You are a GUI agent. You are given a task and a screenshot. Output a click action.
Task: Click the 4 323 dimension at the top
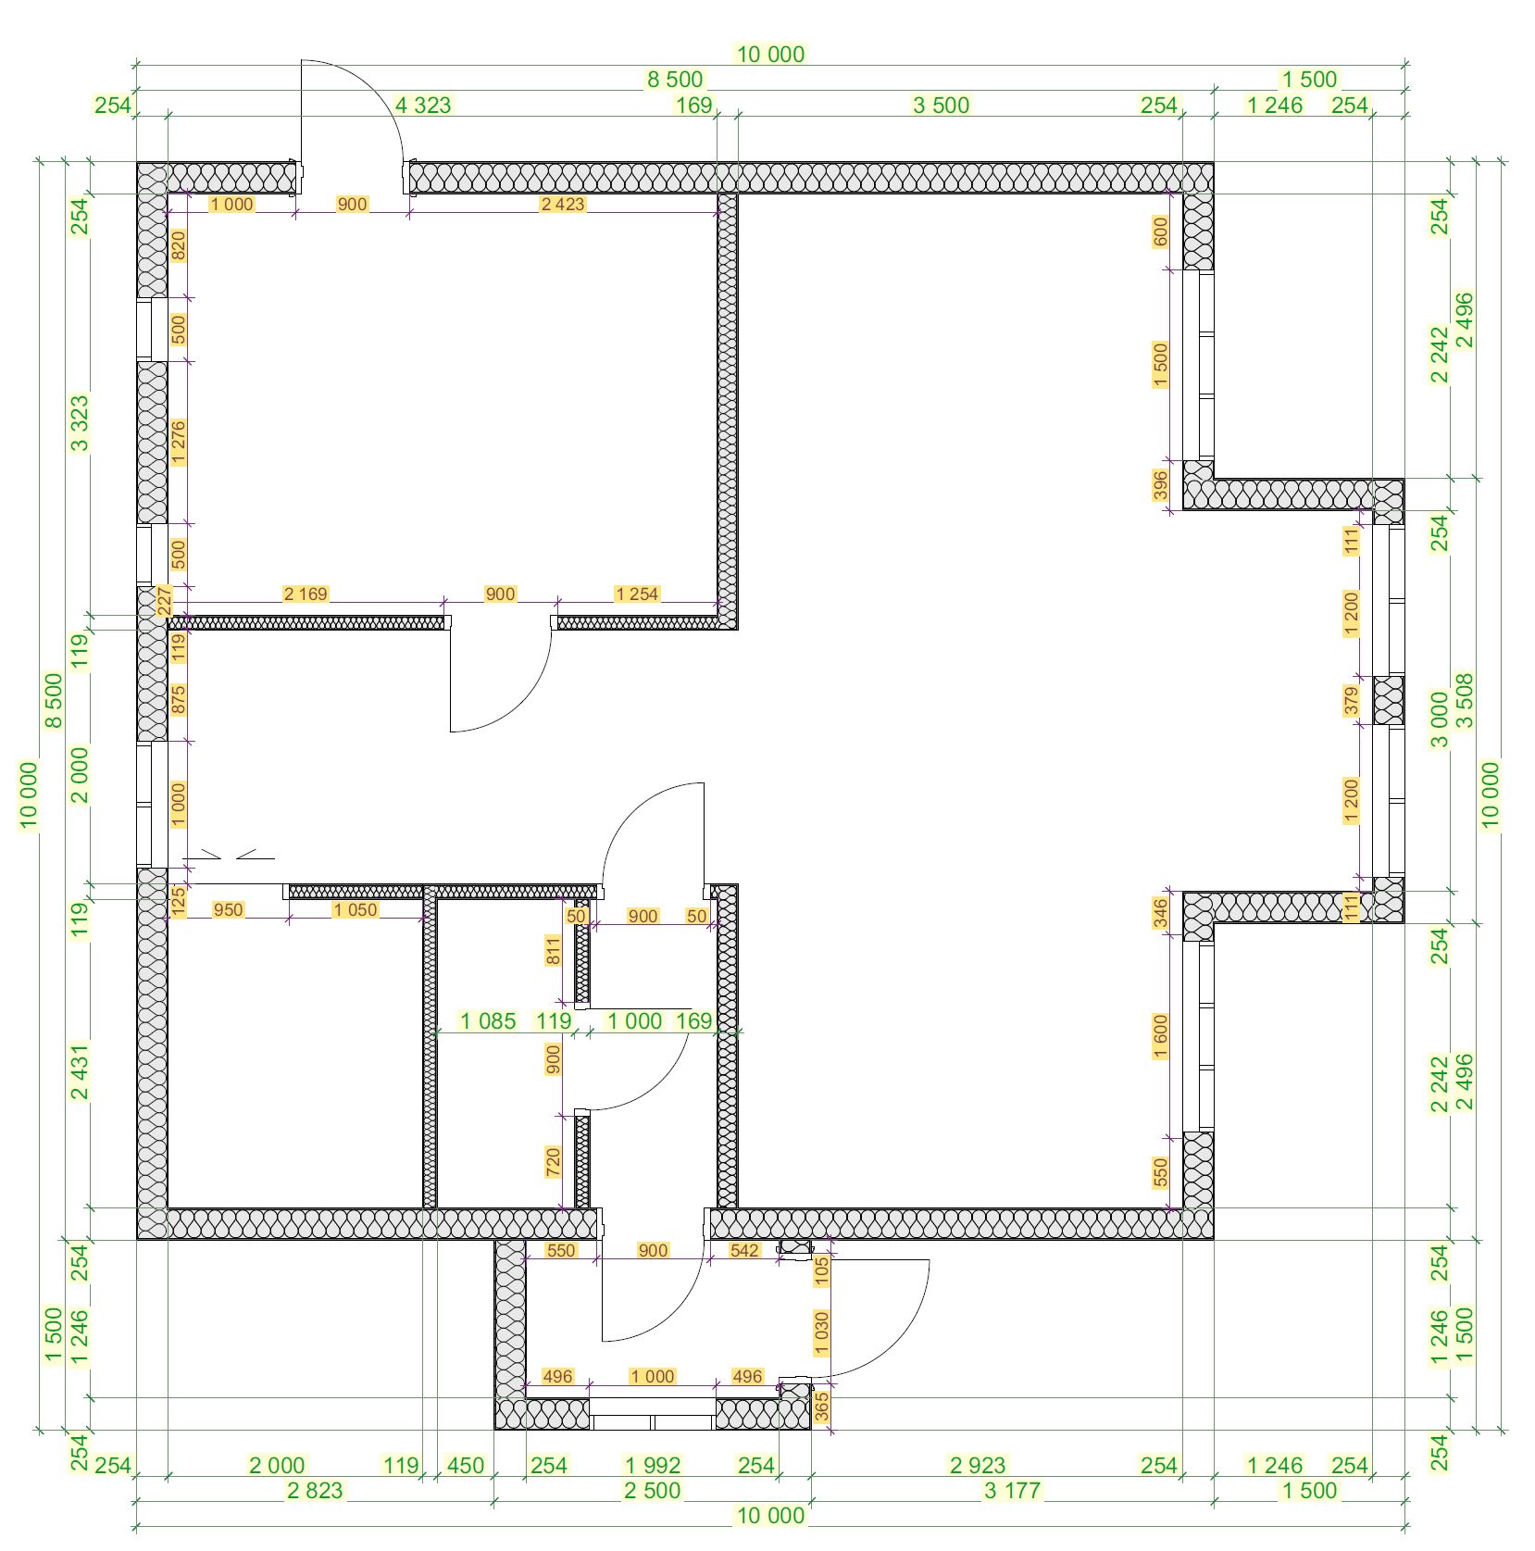(x=423, y=105)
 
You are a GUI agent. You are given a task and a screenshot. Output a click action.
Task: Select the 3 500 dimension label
(x=941, y=105)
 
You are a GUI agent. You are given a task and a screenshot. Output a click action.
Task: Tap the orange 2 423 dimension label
(x=563, y=204)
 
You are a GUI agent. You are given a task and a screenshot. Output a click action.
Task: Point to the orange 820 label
(x=179, y=244)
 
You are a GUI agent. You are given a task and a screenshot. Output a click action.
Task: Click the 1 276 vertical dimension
(x=179, y=443)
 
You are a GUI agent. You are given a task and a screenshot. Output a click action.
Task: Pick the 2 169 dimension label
(x=306, y=594)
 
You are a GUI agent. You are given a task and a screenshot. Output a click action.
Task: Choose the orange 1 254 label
(x=637, y=594)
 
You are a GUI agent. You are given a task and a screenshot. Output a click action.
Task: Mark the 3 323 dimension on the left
(x=81, y=423)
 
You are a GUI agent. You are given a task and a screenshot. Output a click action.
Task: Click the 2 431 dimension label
(x=81, y=1072)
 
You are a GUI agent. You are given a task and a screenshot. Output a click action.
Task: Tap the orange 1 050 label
(x=356, y=909)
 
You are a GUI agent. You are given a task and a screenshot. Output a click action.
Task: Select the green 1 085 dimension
(x=488, y=1021)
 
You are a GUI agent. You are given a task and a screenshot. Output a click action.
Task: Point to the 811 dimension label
(x=554, y=951)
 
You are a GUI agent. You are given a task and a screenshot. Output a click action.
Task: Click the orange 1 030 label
(x=822, y=1332)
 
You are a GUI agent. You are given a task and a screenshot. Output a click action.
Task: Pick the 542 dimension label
(x=744, y=1250)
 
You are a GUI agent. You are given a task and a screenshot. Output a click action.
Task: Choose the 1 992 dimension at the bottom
(x=653, y=1465)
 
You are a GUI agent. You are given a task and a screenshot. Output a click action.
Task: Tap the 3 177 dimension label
(x=1012, y=1490)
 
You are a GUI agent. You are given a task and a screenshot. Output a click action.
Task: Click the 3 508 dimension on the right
(x=1465, y=701)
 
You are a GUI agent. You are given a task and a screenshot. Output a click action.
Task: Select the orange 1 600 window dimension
(x=1161, y=1037)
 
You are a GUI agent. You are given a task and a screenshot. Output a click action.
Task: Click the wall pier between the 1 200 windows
(x=1388, y=700)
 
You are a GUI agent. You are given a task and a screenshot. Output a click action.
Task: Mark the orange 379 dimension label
(x=1352, y=701)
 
